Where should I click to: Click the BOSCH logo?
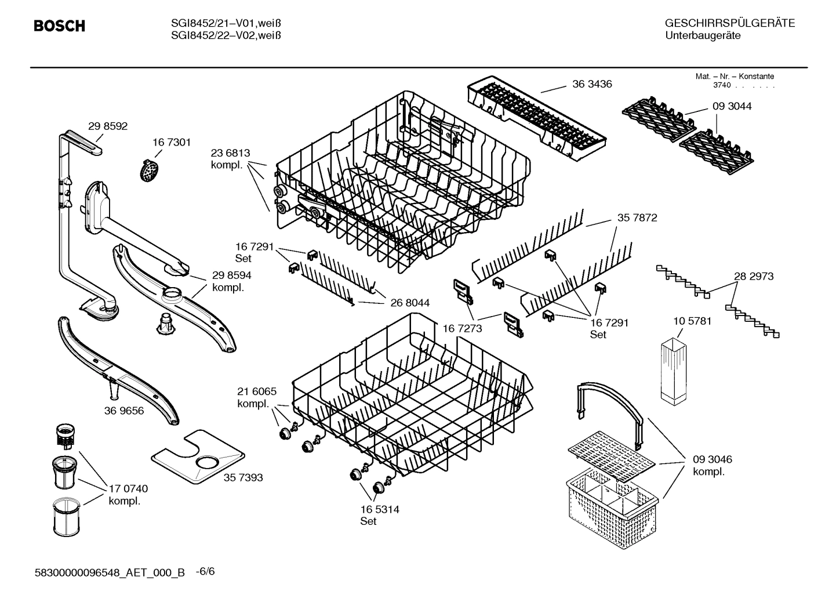point(59,26)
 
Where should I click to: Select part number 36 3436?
point(591,84)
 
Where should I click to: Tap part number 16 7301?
point(172,142)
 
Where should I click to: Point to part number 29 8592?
point(108,126)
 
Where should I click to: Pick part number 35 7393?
point(243,477)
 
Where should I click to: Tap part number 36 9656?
point(124,411)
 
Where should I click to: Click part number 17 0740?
point(128,489)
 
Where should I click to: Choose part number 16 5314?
point(380,509)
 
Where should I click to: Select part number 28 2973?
point(754,277)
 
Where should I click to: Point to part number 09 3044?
point(732,106)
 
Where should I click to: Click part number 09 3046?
point(712,459)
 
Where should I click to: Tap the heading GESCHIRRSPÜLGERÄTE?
point(729,24)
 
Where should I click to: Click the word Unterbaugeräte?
point(703,36)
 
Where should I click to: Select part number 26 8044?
point(410,303)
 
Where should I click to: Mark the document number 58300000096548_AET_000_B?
point(110,572)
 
